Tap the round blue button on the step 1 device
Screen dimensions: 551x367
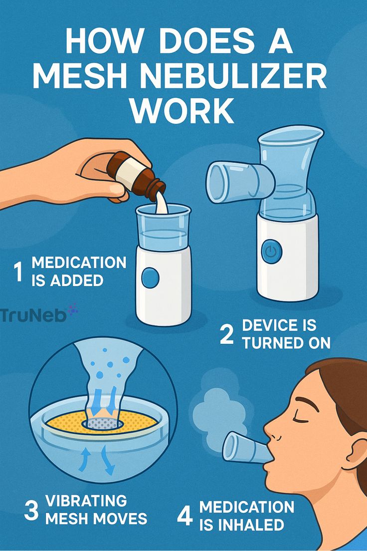point(150,278)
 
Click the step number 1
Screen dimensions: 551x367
point(18,272)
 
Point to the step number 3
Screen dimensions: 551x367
point(31,510)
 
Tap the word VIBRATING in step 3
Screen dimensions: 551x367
point(86,501)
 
